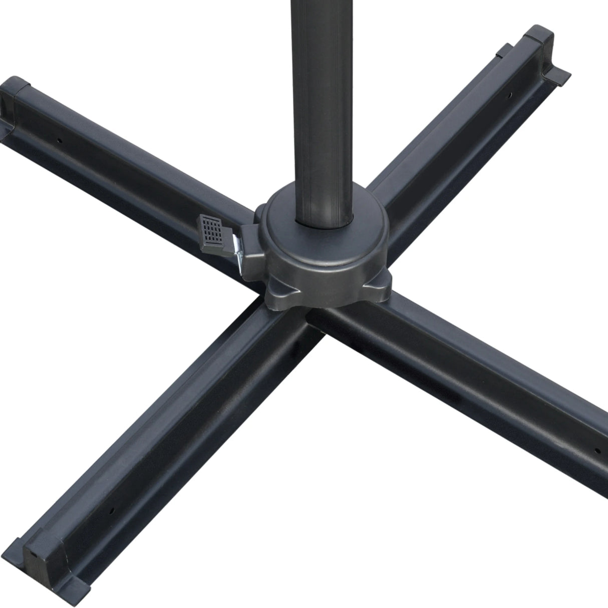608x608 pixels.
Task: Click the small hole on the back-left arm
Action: pos(59,140)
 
